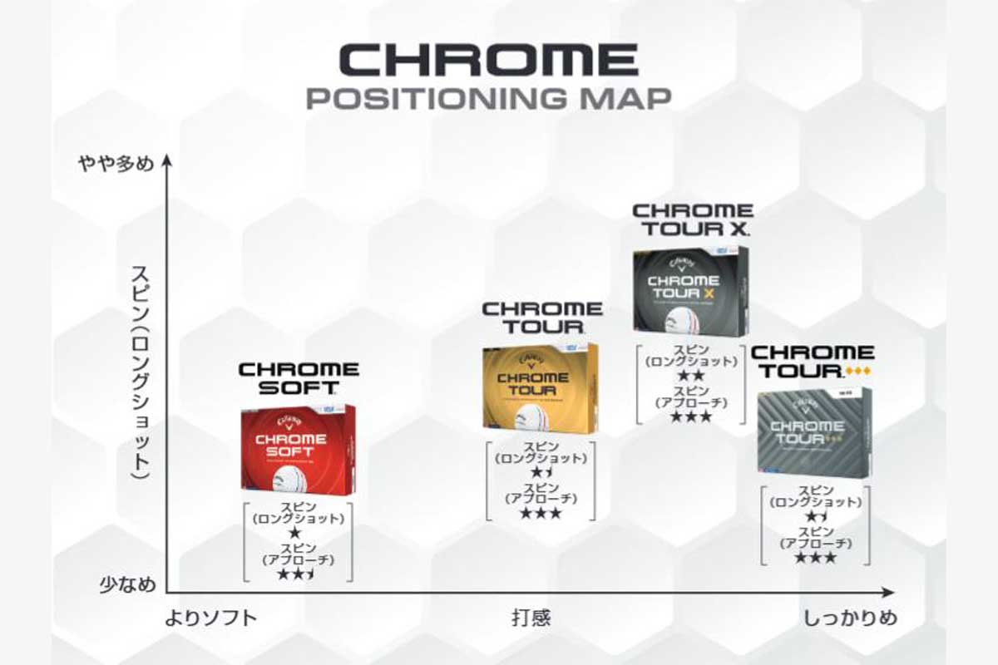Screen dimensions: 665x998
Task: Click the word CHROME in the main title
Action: pyautogui.click(x=488, y=60)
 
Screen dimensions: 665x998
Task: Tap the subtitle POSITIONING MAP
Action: pyautogui.click(x=488, y=97)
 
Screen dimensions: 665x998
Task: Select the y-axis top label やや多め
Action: pyautogui.click(x=116, y=164)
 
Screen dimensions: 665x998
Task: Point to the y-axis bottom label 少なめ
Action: pyautogui.click(x=127, y=584)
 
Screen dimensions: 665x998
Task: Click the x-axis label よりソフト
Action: pyautogui.click(x=210, y=618)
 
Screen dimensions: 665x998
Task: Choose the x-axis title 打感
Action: pyautogui.click(x=531, y=618)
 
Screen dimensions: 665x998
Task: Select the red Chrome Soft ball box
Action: pyautogui.click(x=298, y=449)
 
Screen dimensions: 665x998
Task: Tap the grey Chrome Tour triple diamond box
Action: pyautogui.click(x=813, y=432)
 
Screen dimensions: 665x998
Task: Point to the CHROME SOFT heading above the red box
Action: pyautogui.click(x=299, y=377)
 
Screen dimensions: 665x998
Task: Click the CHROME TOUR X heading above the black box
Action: pyautogui.click(x=692, y=219)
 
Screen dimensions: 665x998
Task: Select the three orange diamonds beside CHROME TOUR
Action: pyautogui.click(x=857, y=372)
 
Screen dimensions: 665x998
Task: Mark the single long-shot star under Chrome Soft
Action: pyautogui.click(x=294, y=532)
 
